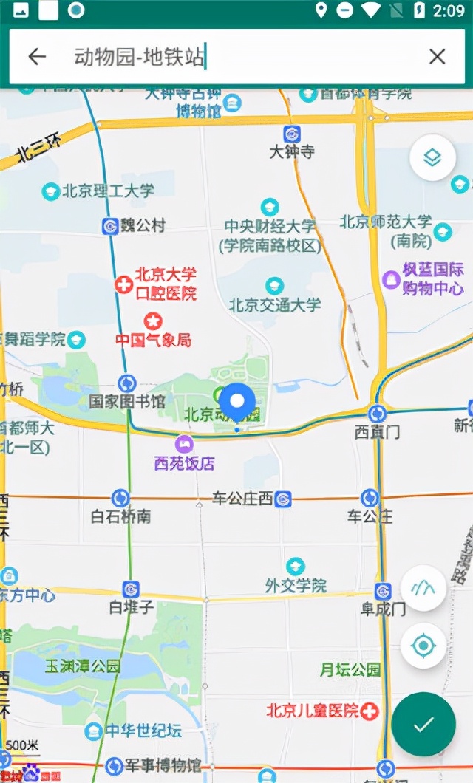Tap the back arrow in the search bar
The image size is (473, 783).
pyautogui.click(x=37, y=57)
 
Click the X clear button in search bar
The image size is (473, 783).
pyautogui.click(x=438, y=57)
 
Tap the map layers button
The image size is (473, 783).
pyautogui.click(x=432, y=158)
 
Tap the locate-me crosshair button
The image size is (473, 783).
pyautogui.click(x=423, y=646)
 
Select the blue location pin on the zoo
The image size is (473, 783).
pyautogui.click(x=237, y=403)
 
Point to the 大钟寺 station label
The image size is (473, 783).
pyautogui.click(x=292, y=152)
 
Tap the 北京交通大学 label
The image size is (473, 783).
pyautogui.click(x=275, y=304)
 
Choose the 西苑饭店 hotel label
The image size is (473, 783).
pyautogui.click(x=185, y=463)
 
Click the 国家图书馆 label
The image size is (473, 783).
pyautogui.click(x=127, y=402)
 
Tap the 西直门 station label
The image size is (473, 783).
pyautogui.click(x=377, y=432)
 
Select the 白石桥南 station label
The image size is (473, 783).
pyautogui.click(x=120, y=516)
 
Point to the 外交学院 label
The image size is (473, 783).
pyautogui.click(x=296, y=585)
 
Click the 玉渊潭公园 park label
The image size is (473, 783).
pyautogui.click(x=83, y=666)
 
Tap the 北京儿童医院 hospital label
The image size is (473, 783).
pyautogui.click(x=313, y=711)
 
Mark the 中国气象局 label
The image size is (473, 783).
pyautogui.click(x=153, y=340)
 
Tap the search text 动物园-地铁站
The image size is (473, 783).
pyautogui.click(x=138, y=57)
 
